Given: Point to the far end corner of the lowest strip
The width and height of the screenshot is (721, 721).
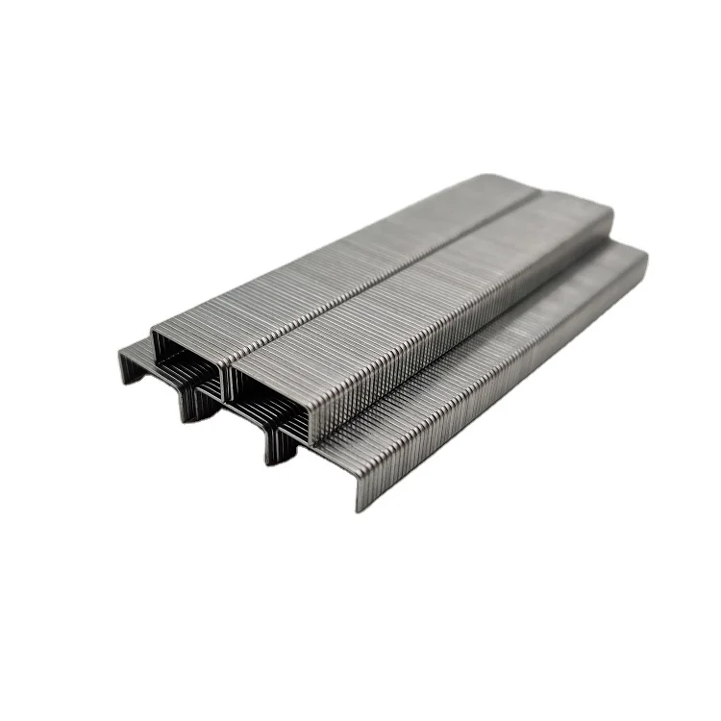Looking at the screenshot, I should [x=639, y=252].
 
